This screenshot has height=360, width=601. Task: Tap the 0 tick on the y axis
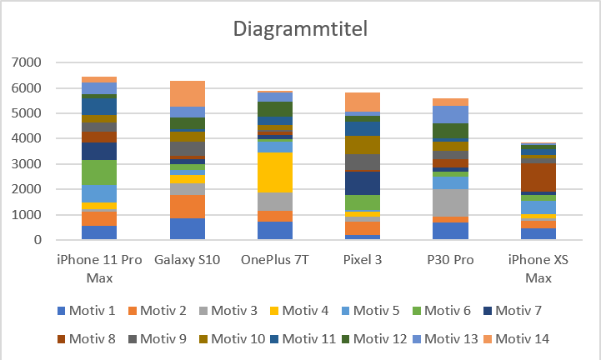click(38, 240)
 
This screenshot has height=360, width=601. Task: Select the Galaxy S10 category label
click(187, 260)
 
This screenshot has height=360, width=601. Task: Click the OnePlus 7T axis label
click(275, 260)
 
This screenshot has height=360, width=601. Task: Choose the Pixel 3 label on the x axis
click(363, 260)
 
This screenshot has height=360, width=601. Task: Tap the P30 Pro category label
click(450, 260)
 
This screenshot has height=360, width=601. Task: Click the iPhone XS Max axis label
click(538, 267)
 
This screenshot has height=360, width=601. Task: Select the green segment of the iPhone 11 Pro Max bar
click(99, 172)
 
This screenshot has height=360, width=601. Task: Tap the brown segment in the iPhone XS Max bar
click(538, 176)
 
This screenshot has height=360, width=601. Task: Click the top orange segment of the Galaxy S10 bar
click(187, 93)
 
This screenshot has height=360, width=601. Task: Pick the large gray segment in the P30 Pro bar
click(450, 202)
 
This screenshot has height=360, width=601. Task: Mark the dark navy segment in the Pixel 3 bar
click(363, 182)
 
